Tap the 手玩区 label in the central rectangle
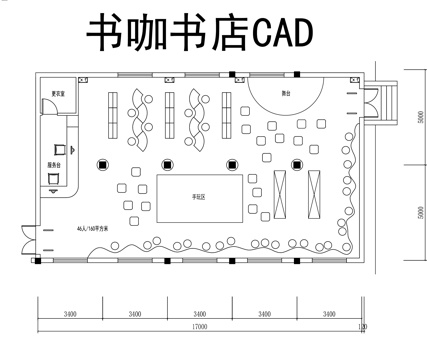(199, 197)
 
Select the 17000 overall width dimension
(200, 326)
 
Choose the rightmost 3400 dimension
(328, 313)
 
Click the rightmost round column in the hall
(296, 165)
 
